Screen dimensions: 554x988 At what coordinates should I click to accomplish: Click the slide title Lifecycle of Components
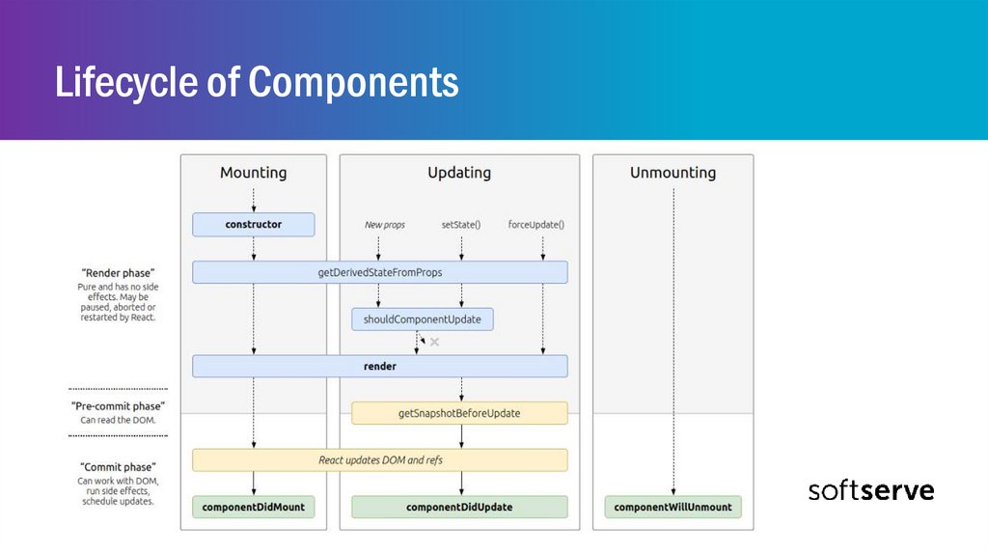click(256, 83)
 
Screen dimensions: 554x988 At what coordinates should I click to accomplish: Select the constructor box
click(254, 225)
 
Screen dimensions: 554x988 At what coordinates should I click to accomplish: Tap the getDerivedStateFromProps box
click(379, 272)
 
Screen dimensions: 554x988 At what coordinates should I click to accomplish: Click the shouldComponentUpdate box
click(423, 319)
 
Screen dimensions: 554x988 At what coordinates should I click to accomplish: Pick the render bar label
click(380, 367)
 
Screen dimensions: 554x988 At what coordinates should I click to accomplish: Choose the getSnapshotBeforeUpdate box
click(459, 413)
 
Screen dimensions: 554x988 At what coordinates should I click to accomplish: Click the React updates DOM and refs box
click(380, 460)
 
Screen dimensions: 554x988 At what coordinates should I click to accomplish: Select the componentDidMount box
click(254, 507)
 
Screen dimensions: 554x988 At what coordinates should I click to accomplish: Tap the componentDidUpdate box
click(459, 507)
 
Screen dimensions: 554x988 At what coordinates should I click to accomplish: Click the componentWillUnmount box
click(672, 507)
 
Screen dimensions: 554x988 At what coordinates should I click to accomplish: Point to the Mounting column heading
click(253, 173)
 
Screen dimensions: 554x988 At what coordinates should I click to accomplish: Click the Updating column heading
click(459, 173)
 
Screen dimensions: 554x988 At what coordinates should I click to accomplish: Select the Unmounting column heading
click(672, 173)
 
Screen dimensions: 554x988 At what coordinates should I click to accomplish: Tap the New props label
click(385, 225)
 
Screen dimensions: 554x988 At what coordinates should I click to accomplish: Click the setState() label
click(461, 225)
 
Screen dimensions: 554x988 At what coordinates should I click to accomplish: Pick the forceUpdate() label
click(536, 225)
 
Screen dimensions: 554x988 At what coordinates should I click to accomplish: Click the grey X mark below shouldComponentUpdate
click(434, 342)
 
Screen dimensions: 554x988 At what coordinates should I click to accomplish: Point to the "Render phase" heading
click(118, 273)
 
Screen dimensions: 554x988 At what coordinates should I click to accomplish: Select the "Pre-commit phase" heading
click(118, 406)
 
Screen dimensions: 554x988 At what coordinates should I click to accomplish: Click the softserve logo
click(870, 490)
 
